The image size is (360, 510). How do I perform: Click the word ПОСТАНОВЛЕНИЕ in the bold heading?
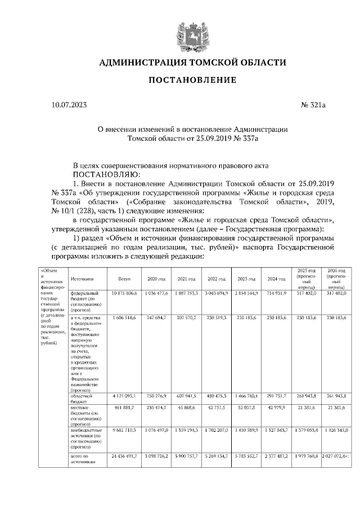click(x=192, y=80)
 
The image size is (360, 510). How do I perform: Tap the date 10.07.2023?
click(x=69, y=105)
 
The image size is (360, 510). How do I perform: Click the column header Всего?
click(x=124, y=279)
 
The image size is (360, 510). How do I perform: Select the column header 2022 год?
click(x=217, y=279)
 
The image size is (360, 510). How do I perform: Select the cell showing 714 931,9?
click(x=276, y=293)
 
